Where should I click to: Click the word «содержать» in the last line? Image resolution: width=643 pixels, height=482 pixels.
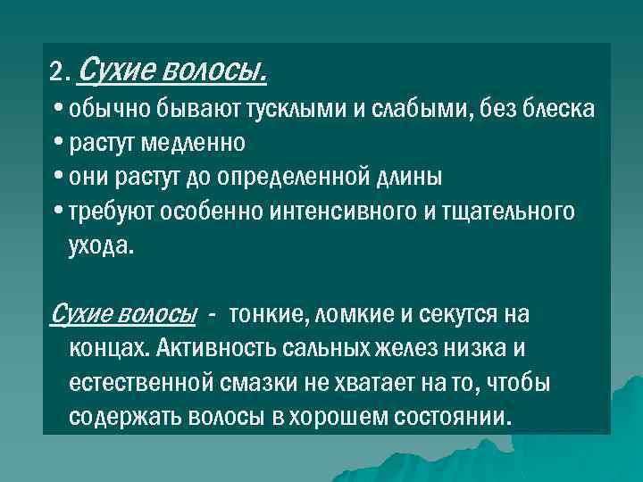pos(125,418)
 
